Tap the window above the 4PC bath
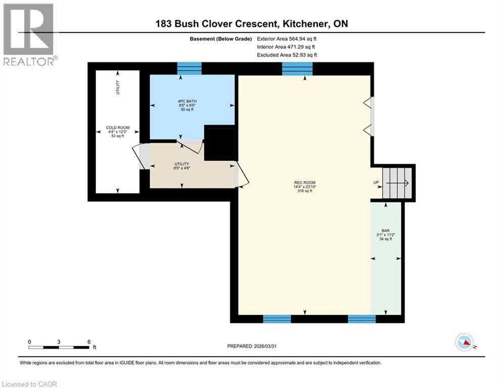(189, 68)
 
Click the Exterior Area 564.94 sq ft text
(287, 38)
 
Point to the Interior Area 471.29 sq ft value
(286, 46)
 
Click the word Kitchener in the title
(303, 24)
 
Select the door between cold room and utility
(142, 157)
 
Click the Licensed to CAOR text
(29, 384)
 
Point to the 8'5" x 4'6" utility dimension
(181, 169)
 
